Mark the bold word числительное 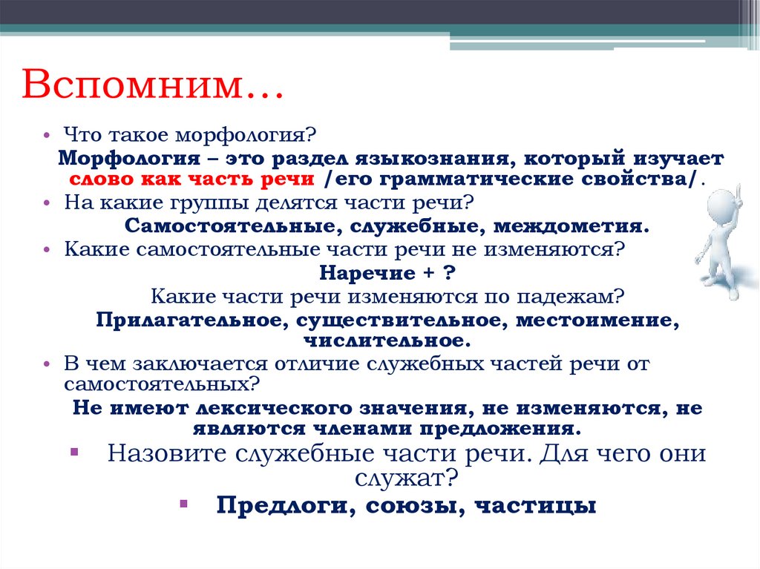(x=387, y=341)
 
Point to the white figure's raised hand (x=743, y=161)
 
